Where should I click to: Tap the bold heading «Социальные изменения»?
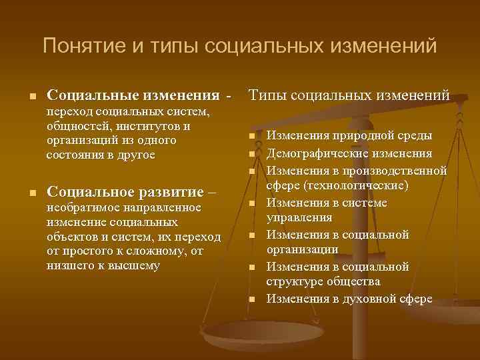(134, 97)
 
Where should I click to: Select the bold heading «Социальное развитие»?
(126, 193)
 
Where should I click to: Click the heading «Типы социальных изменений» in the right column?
(349, 96)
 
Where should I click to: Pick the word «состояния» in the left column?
(73, 155)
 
